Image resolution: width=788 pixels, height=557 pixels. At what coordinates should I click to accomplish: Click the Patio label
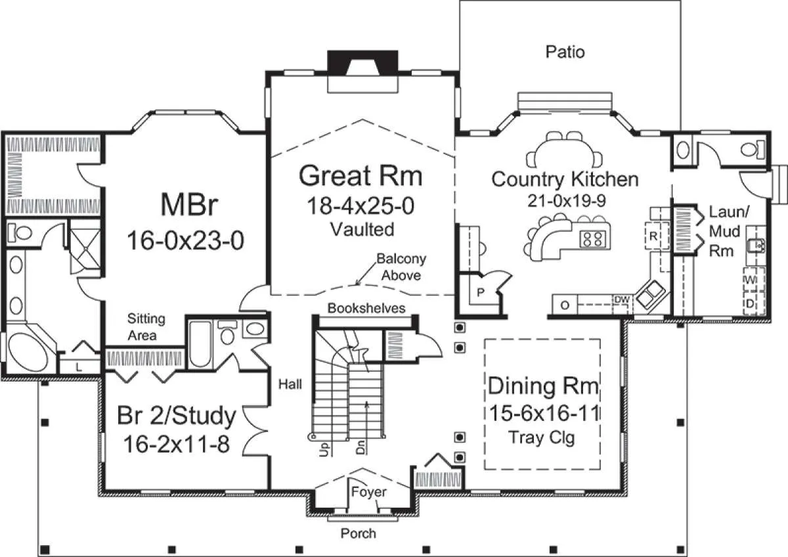(x=565, y=52)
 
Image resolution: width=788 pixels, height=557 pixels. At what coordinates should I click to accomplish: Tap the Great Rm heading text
(x=361, y=176)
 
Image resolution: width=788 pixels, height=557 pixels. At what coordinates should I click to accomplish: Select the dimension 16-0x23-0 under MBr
(x=185, y=240)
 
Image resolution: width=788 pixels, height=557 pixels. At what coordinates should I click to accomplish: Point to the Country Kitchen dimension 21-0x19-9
(x=566, y=201)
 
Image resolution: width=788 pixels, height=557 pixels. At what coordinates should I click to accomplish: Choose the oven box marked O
(x=565, y=305)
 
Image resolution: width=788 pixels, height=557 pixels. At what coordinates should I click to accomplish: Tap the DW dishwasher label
(x=622, y=300)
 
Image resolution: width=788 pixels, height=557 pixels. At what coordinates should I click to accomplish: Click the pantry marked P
(x=481, y=292)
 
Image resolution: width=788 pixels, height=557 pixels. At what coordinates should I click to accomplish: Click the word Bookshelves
(x=366, y=308)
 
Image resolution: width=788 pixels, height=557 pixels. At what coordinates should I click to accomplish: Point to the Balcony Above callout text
(x=401, y=267)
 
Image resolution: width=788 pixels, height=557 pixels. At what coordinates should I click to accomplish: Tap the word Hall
(x=290, y=384)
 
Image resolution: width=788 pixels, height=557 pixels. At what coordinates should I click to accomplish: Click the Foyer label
(x=368, y=491)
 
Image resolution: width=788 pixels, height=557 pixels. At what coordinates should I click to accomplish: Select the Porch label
(x=358, y=534)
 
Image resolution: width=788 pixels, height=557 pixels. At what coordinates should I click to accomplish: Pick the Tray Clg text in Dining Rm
(x=541, y=438)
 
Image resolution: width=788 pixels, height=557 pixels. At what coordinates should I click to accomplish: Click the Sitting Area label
(x=146, y=327)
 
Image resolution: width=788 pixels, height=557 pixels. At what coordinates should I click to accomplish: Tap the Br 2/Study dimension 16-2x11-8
(x=177, y=444)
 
